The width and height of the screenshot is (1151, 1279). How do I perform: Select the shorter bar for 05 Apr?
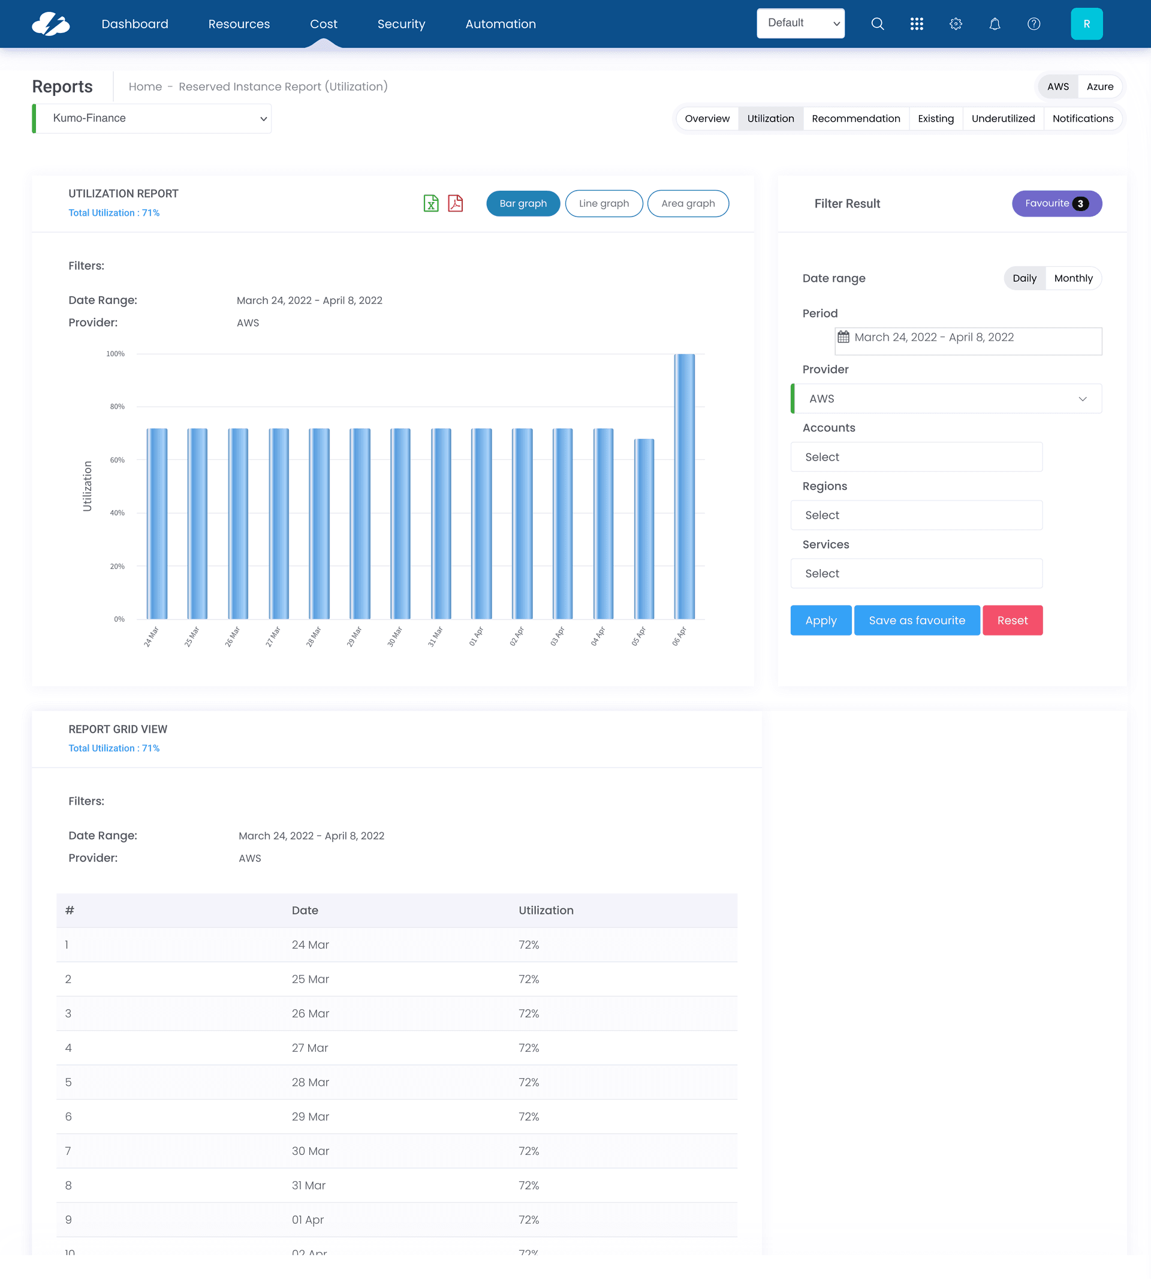[644, 528]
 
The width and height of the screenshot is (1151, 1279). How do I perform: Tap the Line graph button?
[603, 203]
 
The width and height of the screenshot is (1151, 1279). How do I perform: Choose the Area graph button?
[688, 203]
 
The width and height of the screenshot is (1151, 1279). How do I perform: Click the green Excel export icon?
[430, 203]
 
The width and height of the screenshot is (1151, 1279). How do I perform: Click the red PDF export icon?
[456, 203]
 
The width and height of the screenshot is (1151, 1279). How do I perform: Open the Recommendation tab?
[855, 118]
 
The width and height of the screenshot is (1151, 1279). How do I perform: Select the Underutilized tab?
[1002, 118]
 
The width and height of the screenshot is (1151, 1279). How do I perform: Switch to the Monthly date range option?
[1072, 278]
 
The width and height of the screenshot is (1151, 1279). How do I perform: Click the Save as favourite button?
[917, 621]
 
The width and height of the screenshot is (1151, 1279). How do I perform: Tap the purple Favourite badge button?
[1056, 203]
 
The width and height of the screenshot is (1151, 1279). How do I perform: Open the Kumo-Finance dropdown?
[152, 118]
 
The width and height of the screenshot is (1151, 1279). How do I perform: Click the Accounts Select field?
[916, 457]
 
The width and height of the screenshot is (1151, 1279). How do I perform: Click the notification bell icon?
[994, 24]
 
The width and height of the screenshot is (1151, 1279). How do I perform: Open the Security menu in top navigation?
[401, 24]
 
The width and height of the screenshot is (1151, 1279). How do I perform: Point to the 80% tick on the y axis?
[117, 407]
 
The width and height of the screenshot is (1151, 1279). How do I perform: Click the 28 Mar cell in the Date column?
[310, 1082]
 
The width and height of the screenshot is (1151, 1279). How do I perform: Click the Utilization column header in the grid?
[546, 910]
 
